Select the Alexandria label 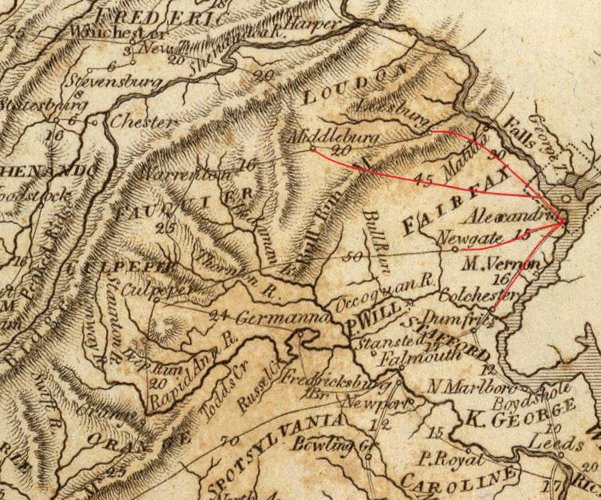coord(508,217)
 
